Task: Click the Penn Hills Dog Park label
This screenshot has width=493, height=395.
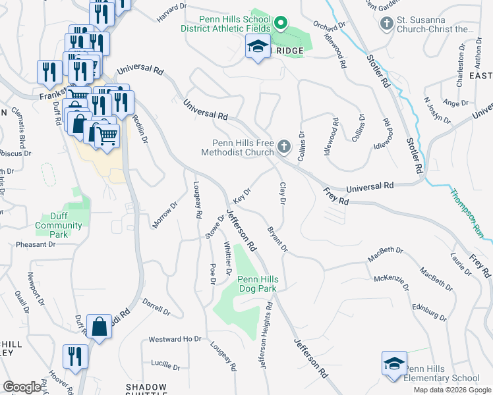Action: (258, 284)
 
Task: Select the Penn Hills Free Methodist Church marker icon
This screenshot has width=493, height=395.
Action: (284, 146)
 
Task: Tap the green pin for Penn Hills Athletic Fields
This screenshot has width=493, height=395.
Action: (280, 24)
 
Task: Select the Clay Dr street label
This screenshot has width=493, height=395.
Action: (281, 193)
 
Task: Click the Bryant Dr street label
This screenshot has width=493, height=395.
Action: (277, 239)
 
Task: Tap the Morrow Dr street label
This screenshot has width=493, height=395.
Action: (165, 215)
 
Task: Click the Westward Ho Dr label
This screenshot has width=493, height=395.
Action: (175, 340)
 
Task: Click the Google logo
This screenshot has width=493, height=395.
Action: (22, 387)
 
